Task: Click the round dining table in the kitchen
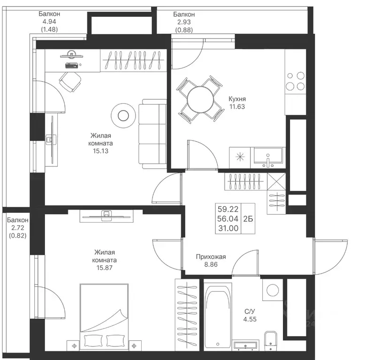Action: coord(200,99)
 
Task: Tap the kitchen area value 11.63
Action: coord(237,107)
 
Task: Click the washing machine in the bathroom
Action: coord(273,290)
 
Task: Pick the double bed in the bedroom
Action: coord(104,317)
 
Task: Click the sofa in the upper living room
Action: coord(152,134)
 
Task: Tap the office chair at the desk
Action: coord(70,82)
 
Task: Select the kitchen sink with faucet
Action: coord(268,157)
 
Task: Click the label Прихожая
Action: coord(211,256)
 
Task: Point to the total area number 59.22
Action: coord(228,209)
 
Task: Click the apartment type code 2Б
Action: coord(248,219)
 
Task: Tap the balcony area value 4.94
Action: coord(49,22)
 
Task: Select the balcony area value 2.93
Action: coord(184,22)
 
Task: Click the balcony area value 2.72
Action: coord(18,228)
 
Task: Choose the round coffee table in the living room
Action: coord(123,116)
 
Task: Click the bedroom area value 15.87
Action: coord(104,268)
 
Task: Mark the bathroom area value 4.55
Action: coord(250,319)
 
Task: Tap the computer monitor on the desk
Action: coord(71,55)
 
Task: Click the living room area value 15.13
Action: coord(100,151)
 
